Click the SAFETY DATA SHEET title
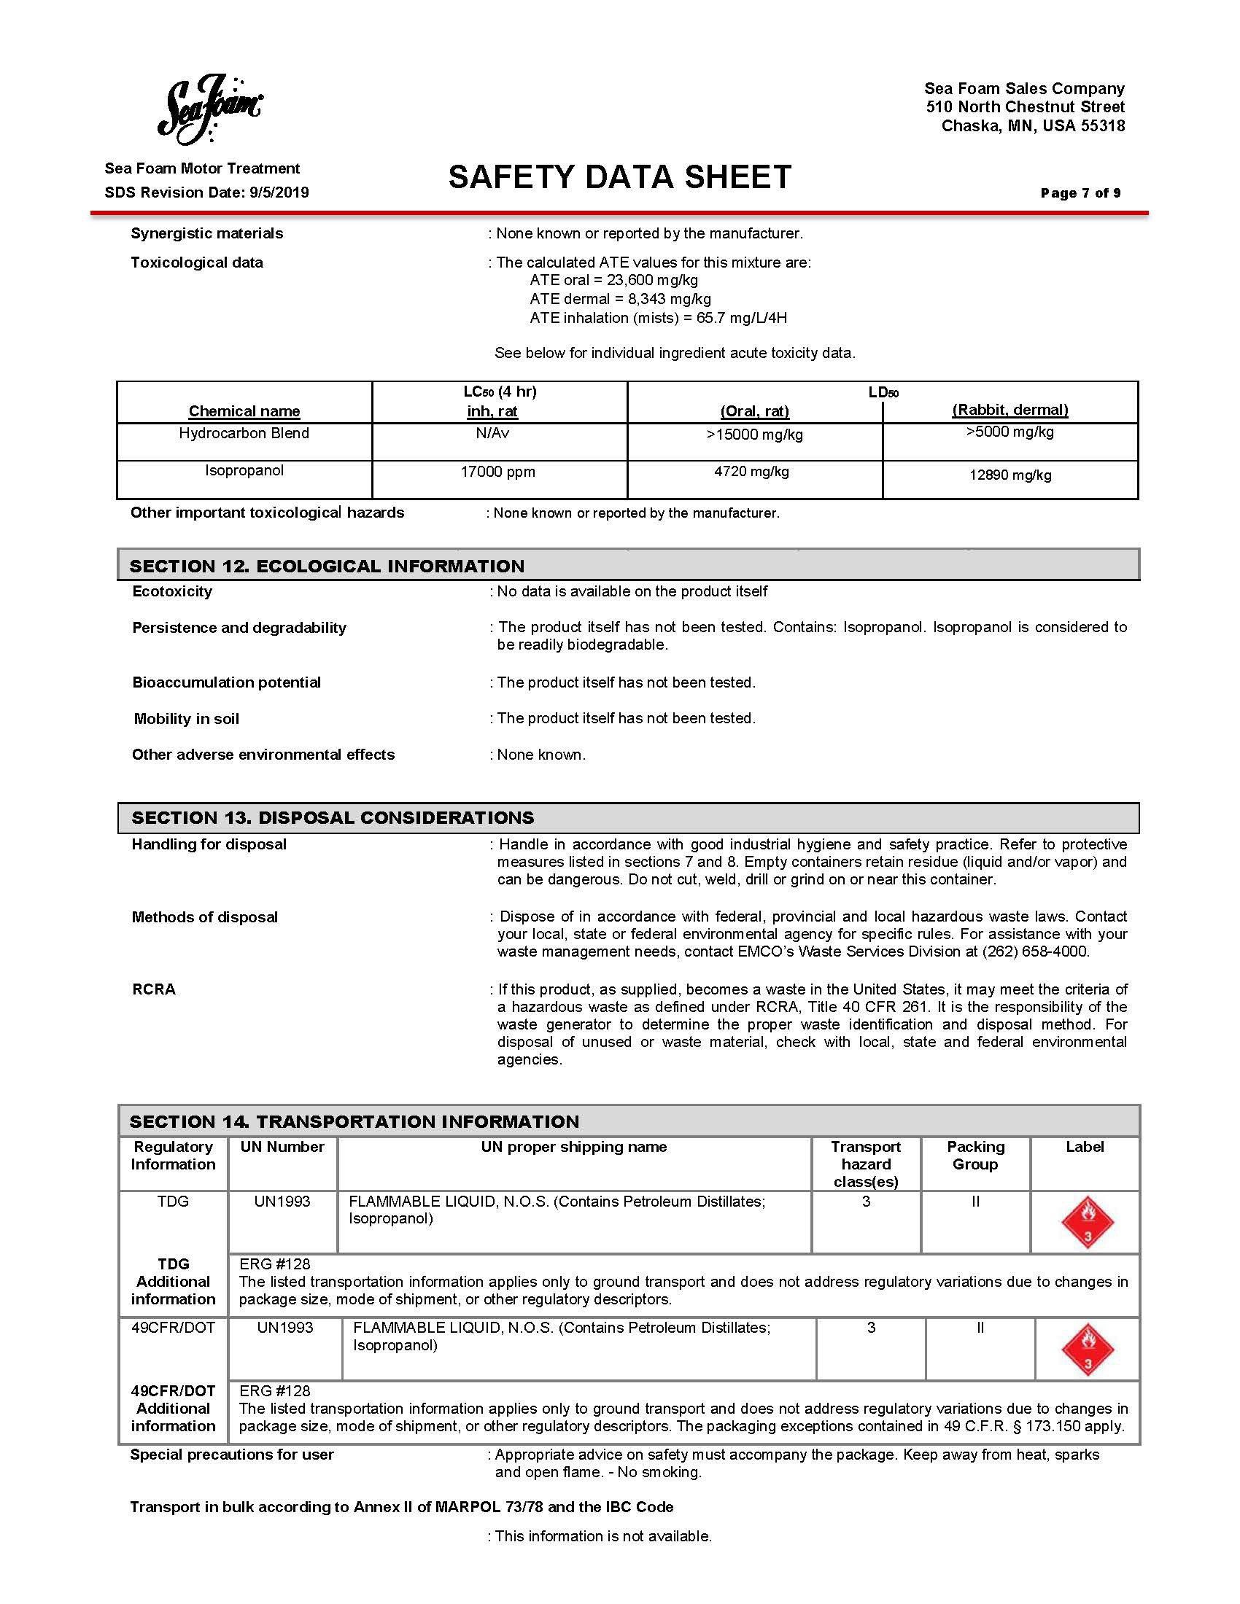[619, 178]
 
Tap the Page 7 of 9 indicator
[1080, 193]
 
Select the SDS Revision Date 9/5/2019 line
[206, 192]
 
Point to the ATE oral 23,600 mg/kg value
[613, 280]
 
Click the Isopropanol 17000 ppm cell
[497, 472]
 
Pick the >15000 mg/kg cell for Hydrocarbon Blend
[754, 435]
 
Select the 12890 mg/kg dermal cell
[1010, 475]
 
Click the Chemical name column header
[244, 411]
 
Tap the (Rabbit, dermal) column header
[1010, 410]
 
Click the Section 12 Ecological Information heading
[327, 567]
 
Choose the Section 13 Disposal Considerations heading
[333, 818]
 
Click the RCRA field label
[153, 989]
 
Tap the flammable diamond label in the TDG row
[1088, 1222]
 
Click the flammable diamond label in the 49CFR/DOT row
[1088, 1349]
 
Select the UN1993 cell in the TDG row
[282, 1202]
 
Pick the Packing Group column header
[974, 1156]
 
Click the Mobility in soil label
[187, 719]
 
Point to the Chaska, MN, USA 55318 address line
[1033, 125]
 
